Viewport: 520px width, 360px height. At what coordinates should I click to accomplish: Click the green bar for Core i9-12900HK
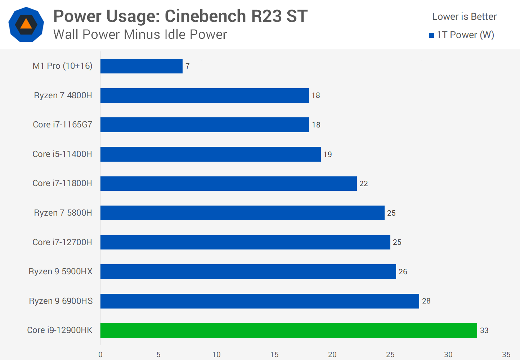click(288, 330)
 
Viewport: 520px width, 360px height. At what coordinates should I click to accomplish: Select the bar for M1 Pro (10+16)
click(142, 66)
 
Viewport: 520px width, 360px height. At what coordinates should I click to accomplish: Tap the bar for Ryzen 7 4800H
click(205, 95)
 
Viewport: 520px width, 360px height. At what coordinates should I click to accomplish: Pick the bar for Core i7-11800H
click(228, 183)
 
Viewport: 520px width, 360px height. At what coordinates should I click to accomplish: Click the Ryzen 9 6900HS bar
click(260, 301)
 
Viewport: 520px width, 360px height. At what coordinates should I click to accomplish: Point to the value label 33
click(484, 330)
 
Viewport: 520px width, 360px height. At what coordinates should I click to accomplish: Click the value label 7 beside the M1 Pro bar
click(187, 66)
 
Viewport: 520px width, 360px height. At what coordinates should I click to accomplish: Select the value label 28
click(426, 301)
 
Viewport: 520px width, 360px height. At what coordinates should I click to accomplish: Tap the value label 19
click(327, 154)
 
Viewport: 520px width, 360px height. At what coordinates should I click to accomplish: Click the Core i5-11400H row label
click(62, 154)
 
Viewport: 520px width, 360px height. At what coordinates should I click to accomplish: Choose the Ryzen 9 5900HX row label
click(60, 271)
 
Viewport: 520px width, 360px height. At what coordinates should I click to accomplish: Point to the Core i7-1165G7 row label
click(62, 125)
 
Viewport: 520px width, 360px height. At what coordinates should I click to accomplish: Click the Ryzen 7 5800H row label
click(63, 213)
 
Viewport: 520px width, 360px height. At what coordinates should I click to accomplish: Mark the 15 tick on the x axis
click(274, 355)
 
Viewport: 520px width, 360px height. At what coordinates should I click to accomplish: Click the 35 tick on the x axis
click(506, 355)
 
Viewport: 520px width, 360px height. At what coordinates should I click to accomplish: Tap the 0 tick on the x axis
click(100, 355)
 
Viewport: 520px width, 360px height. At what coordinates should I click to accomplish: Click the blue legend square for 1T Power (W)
click(431, 35)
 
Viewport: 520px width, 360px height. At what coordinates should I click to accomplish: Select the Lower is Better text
click(464, 17)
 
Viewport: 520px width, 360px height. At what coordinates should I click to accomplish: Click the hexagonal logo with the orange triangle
click(26, 24)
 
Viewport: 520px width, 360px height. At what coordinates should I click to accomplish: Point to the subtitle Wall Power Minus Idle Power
click(140, 35)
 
